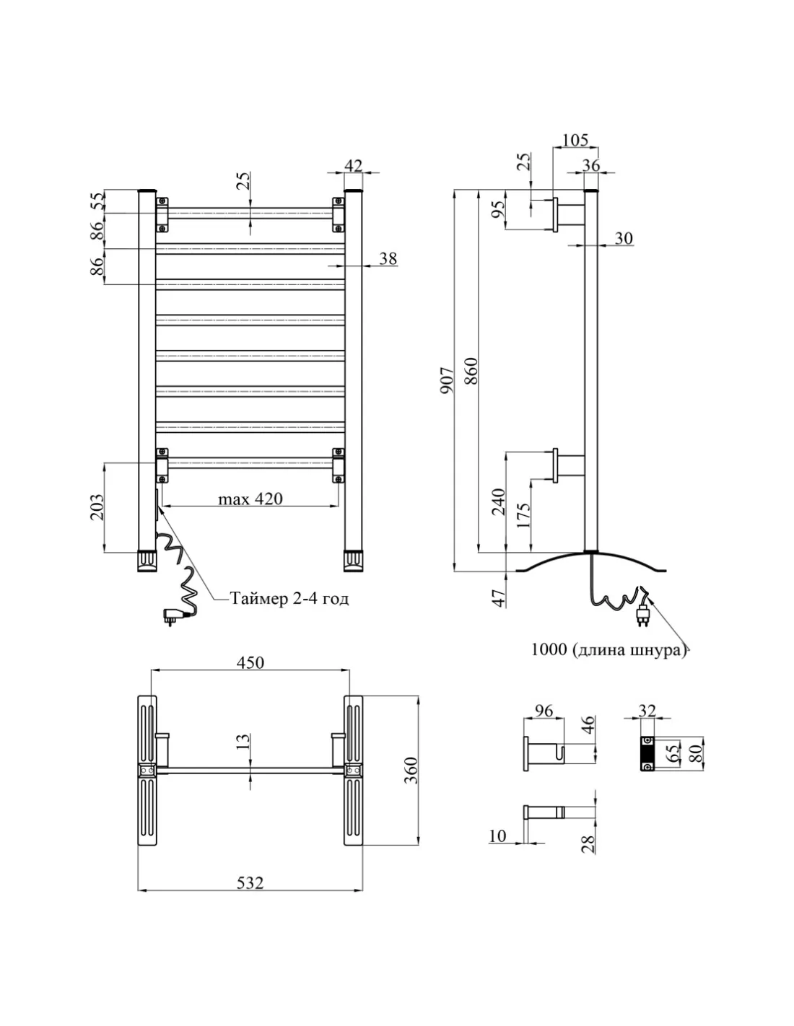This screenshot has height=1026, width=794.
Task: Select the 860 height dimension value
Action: pos(471,372)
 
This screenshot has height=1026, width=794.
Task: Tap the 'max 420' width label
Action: pos(250,499)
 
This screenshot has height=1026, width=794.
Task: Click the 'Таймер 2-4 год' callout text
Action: pos(289,598)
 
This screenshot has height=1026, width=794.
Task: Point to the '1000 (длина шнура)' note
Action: pos(607,649)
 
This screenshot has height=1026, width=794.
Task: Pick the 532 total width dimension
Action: pos(250,882)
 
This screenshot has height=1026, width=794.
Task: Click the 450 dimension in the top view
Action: pos(250,662)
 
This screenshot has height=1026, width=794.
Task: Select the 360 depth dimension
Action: pos(410,771)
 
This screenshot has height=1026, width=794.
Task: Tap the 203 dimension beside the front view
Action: pos(97,507)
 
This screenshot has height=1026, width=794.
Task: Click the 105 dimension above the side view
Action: pos(575,140)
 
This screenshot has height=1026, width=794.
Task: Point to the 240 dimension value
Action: pos(498,501)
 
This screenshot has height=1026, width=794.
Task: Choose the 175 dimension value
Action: pos(525,517)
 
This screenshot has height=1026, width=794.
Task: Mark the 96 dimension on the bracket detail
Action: pos(543,711)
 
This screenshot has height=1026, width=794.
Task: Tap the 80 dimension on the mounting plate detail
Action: pos(697,753)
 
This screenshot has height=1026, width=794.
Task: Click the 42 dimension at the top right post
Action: pos(353,165)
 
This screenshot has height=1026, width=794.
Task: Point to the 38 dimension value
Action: pos(388,258)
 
